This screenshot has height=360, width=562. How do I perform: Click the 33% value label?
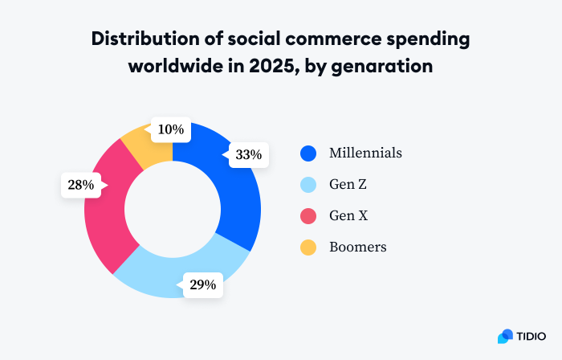[247, 155]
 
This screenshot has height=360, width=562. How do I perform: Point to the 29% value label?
[202, 284]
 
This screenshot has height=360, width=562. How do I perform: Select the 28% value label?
[81, 185]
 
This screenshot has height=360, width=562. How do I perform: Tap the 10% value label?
[170, 129]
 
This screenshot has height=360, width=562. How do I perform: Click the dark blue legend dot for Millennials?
[308, 153]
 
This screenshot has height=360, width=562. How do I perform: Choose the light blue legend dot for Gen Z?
[308, 185]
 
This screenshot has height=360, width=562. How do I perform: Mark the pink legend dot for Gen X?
[308, 216]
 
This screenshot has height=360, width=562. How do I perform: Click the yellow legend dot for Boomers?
[308, 247]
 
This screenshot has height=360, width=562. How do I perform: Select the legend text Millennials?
[365, 153]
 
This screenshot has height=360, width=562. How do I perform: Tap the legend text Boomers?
[357, 247]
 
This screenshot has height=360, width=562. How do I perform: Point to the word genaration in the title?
[385, 67]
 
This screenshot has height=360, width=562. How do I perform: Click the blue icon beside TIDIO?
[505, 335]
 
